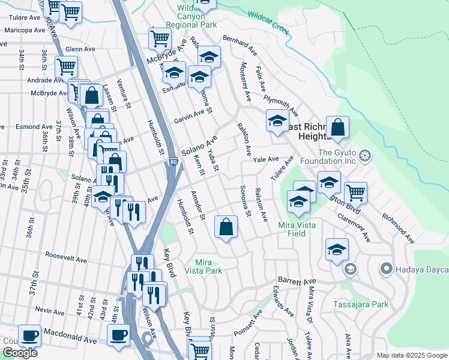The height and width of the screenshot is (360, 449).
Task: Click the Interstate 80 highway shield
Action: [172, 162]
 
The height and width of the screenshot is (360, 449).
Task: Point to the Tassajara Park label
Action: [361, 304]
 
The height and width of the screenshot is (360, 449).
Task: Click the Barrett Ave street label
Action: [296, 281]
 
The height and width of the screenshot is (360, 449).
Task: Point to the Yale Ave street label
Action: [266, 160]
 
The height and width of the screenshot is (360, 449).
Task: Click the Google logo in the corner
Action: [20, 353]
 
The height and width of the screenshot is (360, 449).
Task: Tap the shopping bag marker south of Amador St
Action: [226, 227]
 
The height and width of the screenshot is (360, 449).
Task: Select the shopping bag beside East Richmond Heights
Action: [338, 127]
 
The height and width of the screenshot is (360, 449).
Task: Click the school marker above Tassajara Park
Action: [337, 249]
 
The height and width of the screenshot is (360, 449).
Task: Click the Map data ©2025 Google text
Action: [412, 355]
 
